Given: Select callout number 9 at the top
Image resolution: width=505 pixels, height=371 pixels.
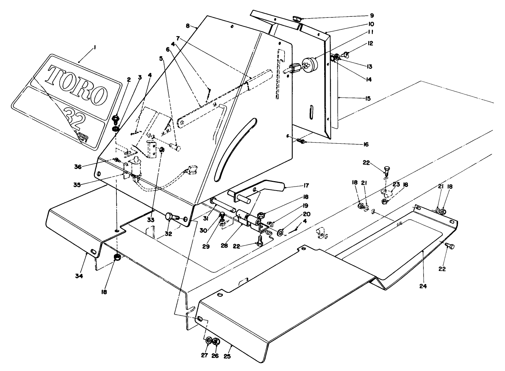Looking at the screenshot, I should tap(371, 16).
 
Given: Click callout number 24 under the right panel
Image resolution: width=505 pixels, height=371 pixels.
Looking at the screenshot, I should tap(422, 286).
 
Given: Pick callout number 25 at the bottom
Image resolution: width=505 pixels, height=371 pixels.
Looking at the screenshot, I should tap(227, 356).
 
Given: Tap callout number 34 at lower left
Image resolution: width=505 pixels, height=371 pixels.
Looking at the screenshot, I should tap(79, 276).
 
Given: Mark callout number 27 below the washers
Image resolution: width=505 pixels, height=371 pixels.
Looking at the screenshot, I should tap(204, 355).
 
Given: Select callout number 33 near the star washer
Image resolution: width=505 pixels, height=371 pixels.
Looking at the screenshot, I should tap(151, 220).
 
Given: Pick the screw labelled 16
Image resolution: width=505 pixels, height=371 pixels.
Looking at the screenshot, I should tap(301, 140).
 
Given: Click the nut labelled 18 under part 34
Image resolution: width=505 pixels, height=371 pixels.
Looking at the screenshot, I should tap(118, 258).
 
